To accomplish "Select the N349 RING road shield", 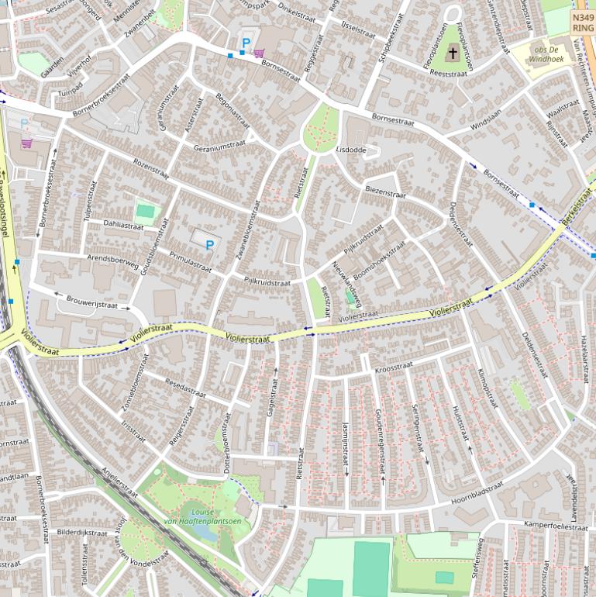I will pos(583,22).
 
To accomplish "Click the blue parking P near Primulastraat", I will pos(209,245).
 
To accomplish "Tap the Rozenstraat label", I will pos(150,167).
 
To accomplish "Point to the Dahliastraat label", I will pos(123,225).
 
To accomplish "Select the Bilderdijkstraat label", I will pos(82,533).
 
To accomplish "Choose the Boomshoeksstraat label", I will pos(379,261).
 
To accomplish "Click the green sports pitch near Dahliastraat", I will pos(145,210).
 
